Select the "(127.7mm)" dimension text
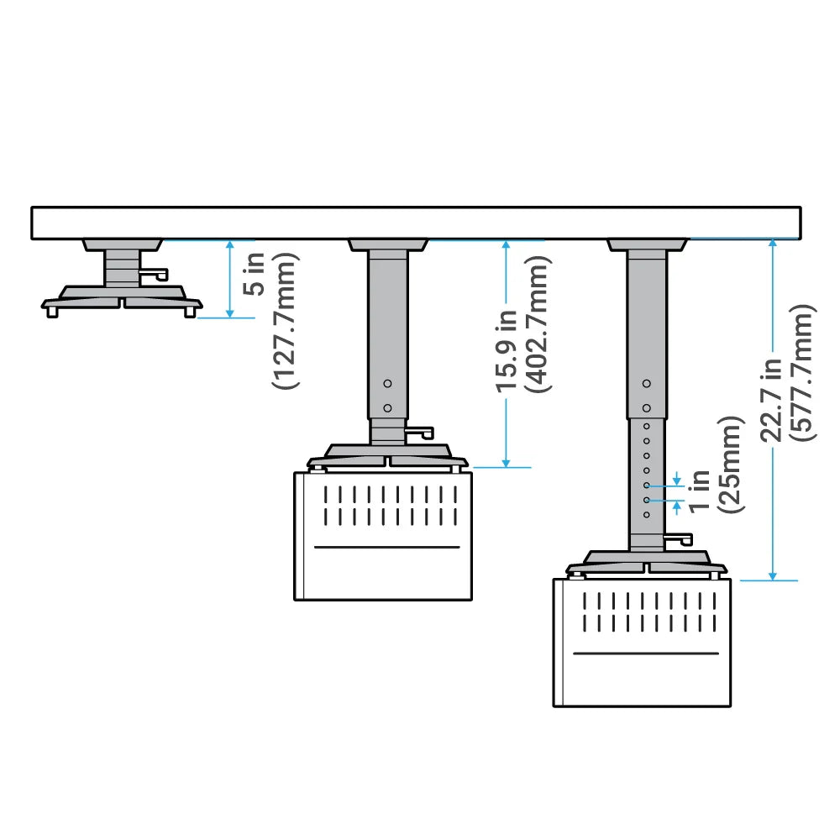286,321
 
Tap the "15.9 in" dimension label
507,353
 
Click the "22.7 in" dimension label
770,400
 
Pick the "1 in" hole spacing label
697,492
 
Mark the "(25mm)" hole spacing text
728,465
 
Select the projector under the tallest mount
642,642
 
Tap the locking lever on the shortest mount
154,274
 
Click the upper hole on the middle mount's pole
387,383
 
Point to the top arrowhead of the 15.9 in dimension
506,244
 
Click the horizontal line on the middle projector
387,547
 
